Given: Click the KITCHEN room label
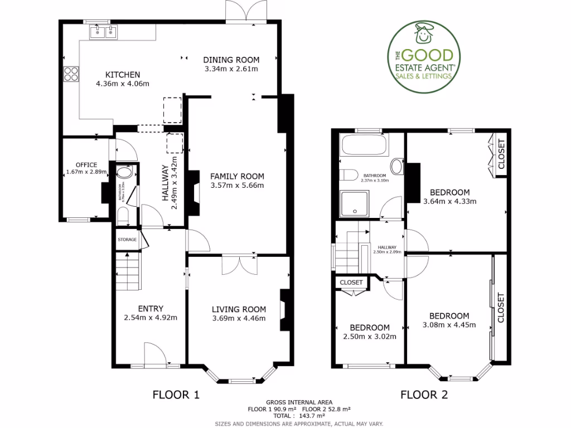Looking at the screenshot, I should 123,75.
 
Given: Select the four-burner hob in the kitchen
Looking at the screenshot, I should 71,74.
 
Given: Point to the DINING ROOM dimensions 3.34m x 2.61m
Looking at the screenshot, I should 231,69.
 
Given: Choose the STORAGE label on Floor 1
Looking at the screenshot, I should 127,240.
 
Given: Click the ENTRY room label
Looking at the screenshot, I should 151,309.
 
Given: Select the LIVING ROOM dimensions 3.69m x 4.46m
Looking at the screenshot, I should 239,319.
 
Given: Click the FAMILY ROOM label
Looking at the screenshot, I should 237,176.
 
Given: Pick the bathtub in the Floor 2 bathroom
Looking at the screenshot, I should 364,146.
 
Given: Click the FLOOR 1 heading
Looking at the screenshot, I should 176,395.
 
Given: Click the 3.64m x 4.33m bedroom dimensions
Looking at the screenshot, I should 450,201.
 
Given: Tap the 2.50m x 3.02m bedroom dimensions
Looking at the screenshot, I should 370,336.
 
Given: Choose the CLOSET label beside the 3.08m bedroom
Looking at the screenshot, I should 500,308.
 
